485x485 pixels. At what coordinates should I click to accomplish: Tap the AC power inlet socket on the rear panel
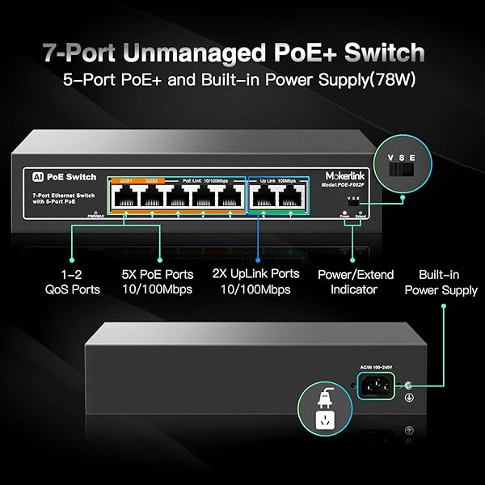(x=377, y=386)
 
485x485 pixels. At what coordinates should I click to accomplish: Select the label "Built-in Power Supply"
(x=441, y=282)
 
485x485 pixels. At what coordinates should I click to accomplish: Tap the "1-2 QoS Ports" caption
(x=80, y=281)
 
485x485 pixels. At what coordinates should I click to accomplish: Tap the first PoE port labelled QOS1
(x=125, y=196)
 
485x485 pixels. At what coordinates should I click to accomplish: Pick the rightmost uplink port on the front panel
(x=287, y=196)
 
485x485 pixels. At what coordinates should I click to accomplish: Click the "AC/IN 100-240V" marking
(x=376, y=368)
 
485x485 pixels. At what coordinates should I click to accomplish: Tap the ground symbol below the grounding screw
(x=409, y=397)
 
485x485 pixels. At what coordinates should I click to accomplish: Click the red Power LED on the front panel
(x=343, y=209)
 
